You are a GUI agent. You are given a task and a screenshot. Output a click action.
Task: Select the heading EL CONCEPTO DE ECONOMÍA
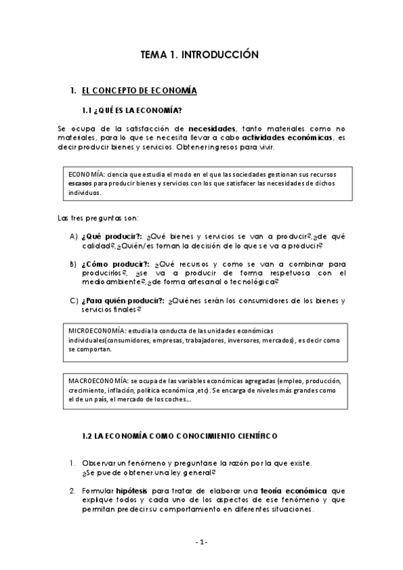click(139, 90)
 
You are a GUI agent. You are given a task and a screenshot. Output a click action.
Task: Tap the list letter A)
click(73, 237)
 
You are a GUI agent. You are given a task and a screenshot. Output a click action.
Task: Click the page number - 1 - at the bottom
click(202, 542)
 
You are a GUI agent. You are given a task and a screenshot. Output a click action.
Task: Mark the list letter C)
click(73, 301)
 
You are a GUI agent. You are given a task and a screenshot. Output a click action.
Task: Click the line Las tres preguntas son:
click(98, 218)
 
